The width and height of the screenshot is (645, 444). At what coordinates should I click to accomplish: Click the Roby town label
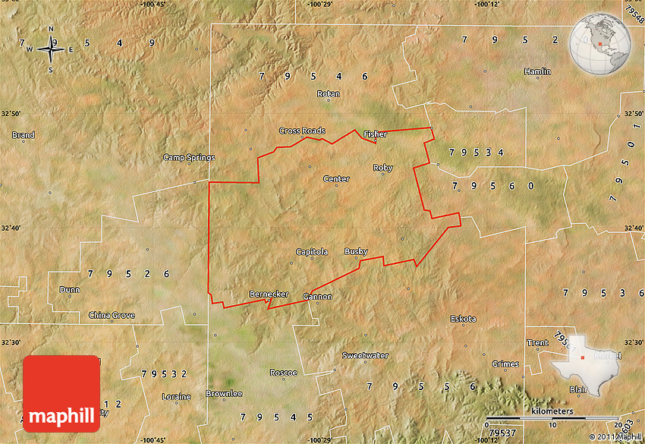click(x=382, y=168)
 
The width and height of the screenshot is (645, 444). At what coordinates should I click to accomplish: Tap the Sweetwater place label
click(x=365, y=355)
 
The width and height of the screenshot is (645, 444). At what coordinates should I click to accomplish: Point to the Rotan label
click(x=329, y=94)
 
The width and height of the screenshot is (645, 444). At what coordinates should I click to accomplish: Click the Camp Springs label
click(x=189, y=158)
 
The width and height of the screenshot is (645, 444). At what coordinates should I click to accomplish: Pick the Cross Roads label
click(x=302, y=131)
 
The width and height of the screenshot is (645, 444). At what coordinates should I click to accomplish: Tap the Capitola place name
click(x=312, y=251)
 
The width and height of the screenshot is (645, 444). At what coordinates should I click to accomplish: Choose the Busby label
click(x=356, y=251)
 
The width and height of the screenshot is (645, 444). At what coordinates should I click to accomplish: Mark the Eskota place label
click(x=463, y=319)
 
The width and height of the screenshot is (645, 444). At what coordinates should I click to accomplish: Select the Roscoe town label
click(x=283, y=373)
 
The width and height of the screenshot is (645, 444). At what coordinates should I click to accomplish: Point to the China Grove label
click(x=112, y=315)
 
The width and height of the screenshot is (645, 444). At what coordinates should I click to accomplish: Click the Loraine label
click(x=177, y=396)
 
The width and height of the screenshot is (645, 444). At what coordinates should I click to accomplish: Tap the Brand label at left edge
click(x=23, y=135)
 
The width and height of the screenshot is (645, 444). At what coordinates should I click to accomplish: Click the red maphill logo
click(x=61, y=393)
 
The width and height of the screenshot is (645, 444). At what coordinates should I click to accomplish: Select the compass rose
click(x=51, y=49)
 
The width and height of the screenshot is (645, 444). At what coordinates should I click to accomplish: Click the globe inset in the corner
click(x=602, y=43)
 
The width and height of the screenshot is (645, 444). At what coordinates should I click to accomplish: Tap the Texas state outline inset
click(x=586, y=364)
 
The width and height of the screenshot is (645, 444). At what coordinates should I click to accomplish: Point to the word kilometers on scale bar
click(x=552, y=411)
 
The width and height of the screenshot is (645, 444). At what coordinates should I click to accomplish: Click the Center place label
click(x=336, y=179)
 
